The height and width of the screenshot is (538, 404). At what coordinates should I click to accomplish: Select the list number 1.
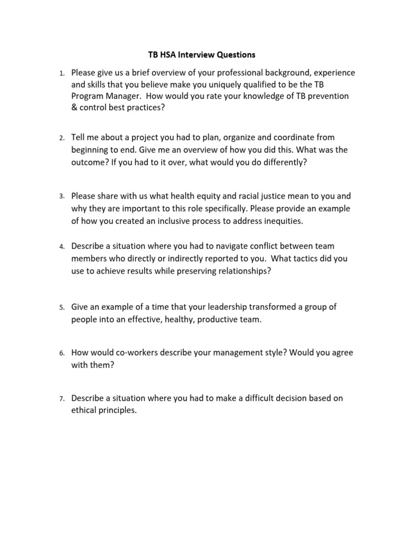(61, 73)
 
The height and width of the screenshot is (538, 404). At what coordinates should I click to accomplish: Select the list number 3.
(61, 196)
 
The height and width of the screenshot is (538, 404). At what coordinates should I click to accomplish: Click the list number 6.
(61, 354)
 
